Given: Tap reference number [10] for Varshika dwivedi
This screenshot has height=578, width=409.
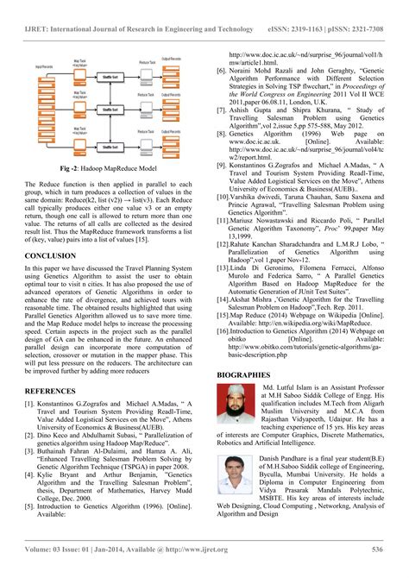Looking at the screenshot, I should [x=222, y=198].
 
